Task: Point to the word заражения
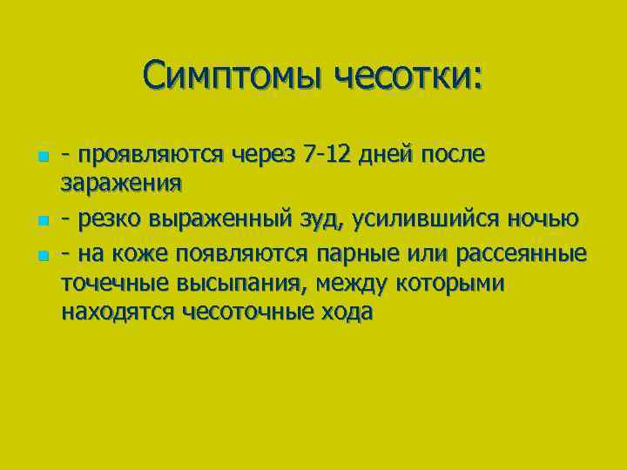pos(121,184)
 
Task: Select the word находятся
pos(118,312)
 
